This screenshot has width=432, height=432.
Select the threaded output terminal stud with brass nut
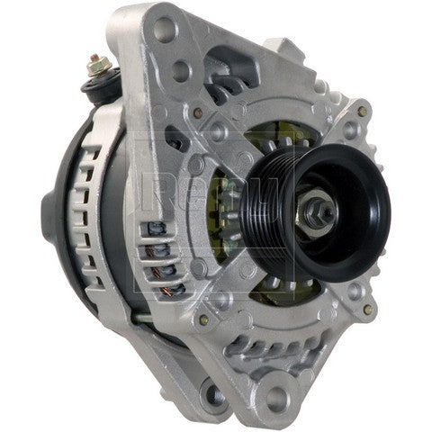(x=98, y=64)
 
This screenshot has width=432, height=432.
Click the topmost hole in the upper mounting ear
(x=165, y=29)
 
